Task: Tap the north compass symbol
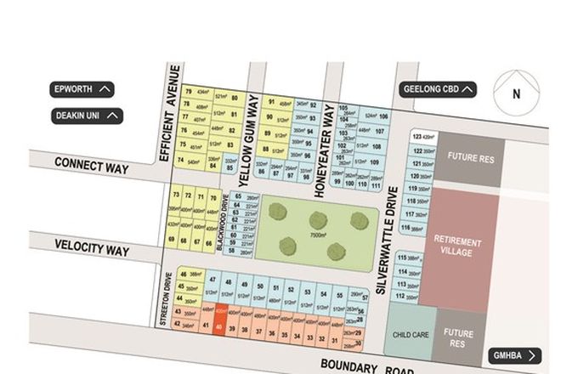(515, 94)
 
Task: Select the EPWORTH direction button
(82, 88)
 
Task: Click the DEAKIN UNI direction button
(86, 116)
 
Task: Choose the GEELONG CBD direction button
(438, 89)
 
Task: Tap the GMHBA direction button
(515, 355)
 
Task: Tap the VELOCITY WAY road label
(92, 250)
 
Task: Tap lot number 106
(383, 117)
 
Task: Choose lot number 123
(416, 136)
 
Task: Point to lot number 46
(184, 273)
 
